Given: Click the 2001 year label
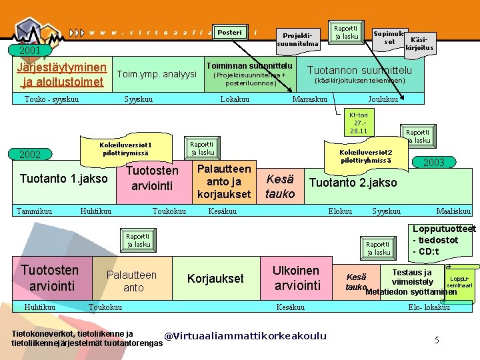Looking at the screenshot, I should pyautogui.click(x=30, y=50).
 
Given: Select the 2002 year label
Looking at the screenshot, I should pyautogui.click(x=29, y=155).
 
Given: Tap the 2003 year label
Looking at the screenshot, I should pyautogui.click(x=433, y=162).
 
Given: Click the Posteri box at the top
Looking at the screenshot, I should pyautogui.click(x=230, y=32).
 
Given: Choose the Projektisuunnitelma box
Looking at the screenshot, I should pyautogui.click(x=297, y=39).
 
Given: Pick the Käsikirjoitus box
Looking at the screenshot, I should pyautogui.click(x=419, y=43).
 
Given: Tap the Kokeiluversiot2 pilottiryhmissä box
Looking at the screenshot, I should pyautogui.click(x=366, y=156).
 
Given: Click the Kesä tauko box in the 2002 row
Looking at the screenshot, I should pyautogui.click(x=280, y=185).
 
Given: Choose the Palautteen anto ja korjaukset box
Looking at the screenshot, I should pyautogui.click(x=224, y=182).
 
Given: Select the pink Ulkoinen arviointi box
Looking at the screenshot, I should pyautogui.click(x=296, y=278).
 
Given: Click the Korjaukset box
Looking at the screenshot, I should pyautogui.click(x=215, y=279).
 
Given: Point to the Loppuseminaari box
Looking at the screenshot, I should pyautogui.click(x=459, y=281).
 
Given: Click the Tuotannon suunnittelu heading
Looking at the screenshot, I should pyautogui.click(x=359, y=70).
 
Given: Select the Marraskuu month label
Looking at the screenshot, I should pyautogui.click(x=310, y=99).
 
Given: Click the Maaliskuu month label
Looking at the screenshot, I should pyautogui.click(x=453, y=211).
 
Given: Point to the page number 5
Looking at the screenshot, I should pyautogui.click(x=437, y=340).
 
